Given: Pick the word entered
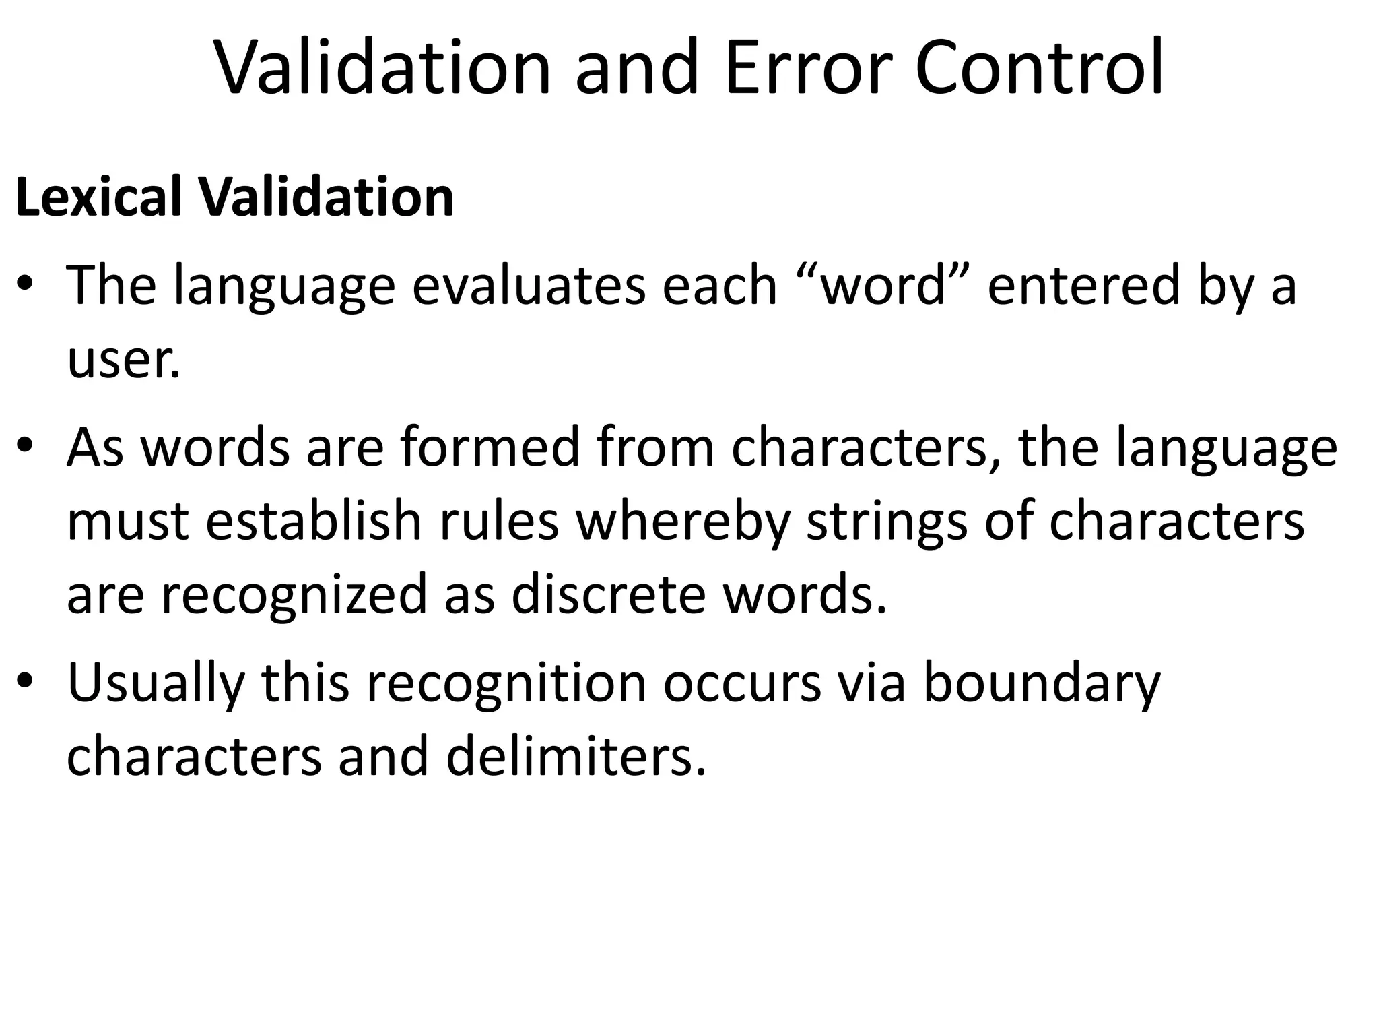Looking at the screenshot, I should coord(1083,285).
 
